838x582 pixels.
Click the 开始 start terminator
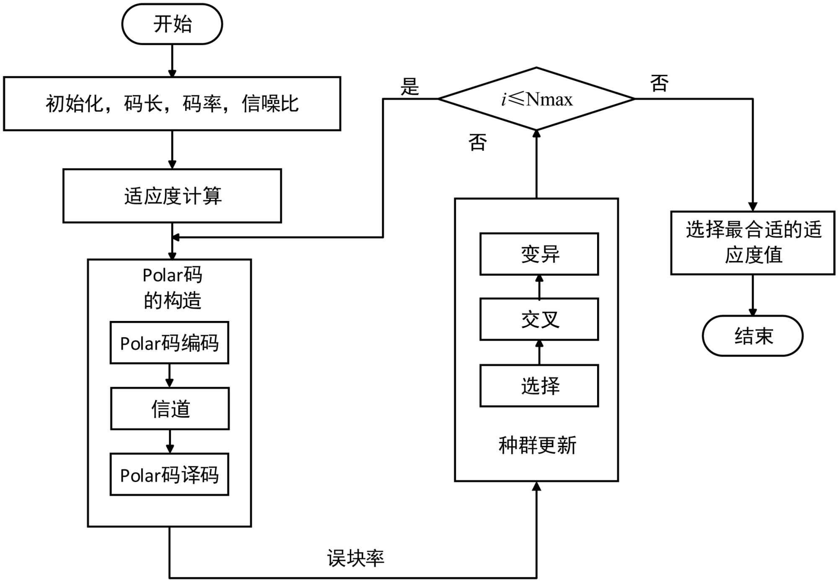click(x=172, y=24)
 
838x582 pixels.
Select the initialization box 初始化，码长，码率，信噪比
click(x=172, y=103)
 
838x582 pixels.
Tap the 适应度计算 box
click(x=172, y=196)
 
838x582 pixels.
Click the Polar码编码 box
click(x=169, y=343)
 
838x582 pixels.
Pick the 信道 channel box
click(x=170, y=409)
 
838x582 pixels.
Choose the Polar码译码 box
click(x=169, y=474)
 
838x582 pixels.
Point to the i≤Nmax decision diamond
click(x=536, y=99)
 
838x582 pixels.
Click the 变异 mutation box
click(x=539, y=254)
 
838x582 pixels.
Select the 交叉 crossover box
click(x=539, y=319)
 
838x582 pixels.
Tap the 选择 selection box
click(x=539, y=385)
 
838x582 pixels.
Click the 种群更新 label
click(x=537, y=445)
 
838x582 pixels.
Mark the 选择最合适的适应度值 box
click(x=753, y=243)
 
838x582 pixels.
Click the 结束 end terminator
click(x=753, y=336)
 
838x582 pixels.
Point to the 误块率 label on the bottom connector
click(x=355, y=558)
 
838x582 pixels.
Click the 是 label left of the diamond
click(x=409, y=87)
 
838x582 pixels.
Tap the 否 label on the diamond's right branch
click(x=659, y=83)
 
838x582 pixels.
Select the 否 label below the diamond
click(x=477, y=142)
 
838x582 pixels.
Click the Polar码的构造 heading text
click(x=172, y=287)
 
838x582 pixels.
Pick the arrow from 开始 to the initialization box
click(x=172, y=61)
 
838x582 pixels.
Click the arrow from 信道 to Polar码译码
click(x=170, y=441)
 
